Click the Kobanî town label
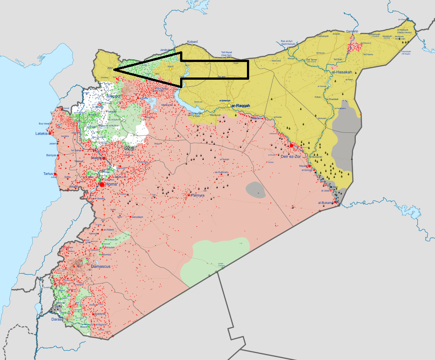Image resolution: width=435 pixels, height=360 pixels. [x=192, y=42]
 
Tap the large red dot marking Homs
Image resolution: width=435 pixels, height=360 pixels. [x=102, y=184]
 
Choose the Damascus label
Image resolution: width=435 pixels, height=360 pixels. [x=100, y=267]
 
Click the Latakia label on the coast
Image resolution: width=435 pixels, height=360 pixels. [x=42, y=133]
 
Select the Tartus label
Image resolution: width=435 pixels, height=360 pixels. [x=48, y=174]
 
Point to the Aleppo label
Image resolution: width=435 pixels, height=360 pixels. [x=113, y=96]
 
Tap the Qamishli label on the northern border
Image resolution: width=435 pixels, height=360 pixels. [x=352, y=31]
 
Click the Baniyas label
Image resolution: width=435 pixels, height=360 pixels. [x=52, y=155]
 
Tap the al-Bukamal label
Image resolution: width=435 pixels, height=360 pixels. [x=326, y=203]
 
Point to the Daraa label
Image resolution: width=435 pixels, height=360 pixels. [x=57, y=319]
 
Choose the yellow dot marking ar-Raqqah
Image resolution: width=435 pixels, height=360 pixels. [x=229, y=106]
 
